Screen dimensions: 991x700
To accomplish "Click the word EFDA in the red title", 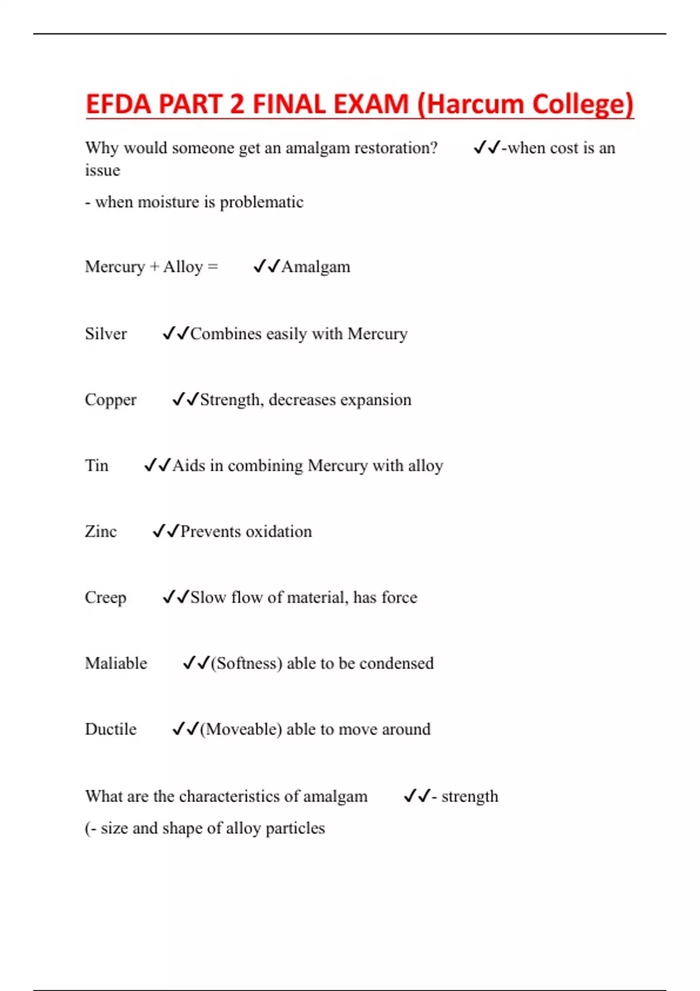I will tap(118, 104).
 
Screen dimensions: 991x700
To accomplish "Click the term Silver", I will tap(106, 334).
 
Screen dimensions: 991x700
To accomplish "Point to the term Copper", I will tap(110, 400).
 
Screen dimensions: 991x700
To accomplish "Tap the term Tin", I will tap(97, 466).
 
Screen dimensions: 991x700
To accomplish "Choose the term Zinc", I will tap(101, 532).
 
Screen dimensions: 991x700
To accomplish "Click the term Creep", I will tap(106, 598).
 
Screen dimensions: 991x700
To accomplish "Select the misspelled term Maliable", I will tap(116, 663).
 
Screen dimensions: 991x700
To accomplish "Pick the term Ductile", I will tap(111, 729).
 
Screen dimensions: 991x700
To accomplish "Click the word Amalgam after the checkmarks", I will tap(316, 267).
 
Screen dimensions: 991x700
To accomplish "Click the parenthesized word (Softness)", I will tap(247, 663).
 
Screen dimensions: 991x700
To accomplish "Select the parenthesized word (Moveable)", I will tap(241, 729).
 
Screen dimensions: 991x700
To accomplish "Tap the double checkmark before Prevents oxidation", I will tap(165, 532).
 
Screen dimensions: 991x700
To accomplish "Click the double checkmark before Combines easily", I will tap(176, 334).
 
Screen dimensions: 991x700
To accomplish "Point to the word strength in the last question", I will tap(470, 796).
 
